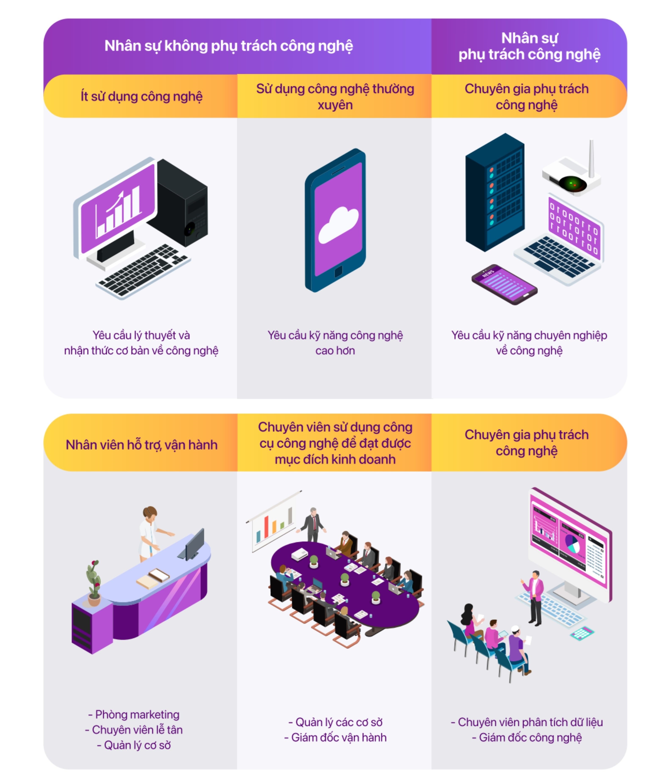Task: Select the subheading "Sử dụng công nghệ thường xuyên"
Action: point(335,97)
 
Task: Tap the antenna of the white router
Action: point(591,158)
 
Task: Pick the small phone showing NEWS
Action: point(504,284)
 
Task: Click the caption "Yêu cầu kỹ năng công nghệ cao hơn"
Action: point(335,343)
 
